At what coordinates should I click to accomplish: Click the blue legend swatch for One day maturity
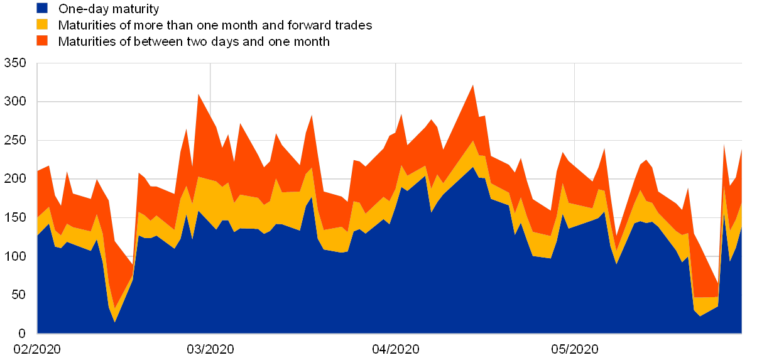tap(43, 8)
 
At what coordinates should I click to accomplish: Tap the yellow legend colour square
tap(43, 25)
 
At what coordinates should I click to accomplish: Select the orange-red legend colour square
tap(43, 41)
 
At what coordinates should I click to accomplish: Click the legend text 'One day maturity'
tap(109, 9)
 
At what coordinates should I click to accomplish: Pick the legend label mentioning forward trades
tap(215, 25)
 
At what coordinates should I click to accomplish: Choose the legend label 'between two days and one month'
tap(195, 41)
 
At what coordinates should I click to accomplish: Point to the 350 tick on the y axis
tap(15, 63)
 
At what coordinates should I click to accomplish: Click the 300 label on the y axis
tap(15, 102)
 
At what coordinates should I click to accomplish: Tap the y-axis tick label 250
tap(15, 140)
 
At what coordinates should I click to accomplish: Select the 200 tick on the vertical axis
tap(15, 179)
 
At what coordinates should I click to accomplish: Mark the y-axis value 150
tap(15, 217)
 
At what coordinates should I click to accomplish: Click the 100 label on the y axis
tap(15, 256)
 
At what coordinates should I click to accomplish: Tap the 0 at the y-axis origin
tap(21, 332)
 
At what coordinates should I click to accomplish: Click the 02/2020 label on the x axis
tap(37, 349)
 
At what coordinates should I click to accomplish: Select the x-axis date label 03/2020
tap(210, 349)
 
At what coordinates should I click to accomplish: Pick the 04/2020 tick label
tap(396, 349)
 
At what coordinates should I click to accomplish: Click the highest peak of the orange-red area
tap(473, 85)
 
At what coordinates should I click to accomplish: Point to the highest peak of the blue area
tap(473, 167)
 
